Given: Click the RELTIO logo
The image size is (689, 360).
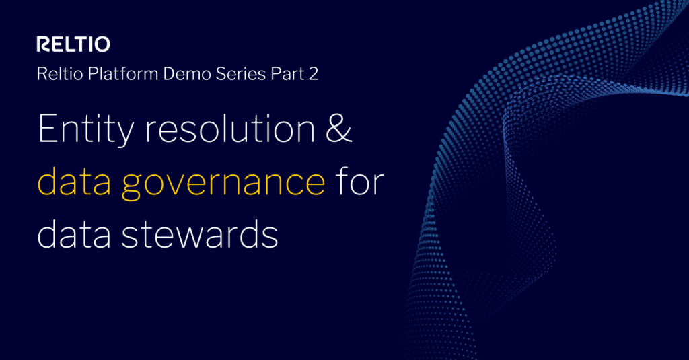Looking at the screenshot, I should pos(73,45).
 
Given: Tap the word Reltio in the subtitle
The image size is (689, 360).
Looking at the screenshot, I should pos(57,74).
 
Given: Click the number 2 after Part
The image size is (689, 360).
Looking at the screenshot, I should pos(313,74).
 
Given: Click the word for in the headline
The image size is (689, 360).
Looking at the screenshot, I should pos(360,181).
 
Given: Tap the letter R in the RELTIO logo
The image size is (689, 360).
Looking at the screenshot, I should pos(42,45).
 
